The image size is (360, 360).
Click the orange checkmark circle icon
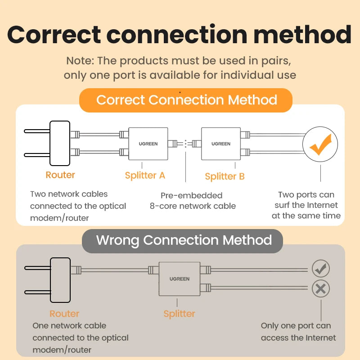(x=320, y=144)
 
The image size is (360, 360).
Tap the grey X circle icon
(x=320, y=288)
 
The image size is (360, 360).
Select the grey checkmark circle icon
(x=320, y=269)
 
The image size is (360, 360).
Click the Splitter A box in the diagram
(x=148, y=144)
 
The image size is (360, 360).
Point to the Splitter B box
(x=221, y=144)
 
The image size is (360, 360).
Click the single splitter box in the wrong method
(x=179, y=279)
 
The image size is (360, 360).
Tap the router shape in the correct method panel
(x=60, y=143)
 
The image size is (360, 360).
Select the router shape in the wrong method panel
(x=60, y=279)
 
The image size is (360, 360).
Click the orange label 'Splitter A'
(x=145, y=175)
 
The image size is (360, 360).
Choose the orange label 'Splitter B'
(x=225, y=176)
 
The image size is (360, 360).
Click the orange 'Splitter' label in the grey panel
(x=179, y=314)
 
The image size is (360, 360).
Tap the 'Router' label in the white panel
(x=60, y=175)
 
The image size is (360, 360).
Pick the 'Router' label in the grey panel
(x=64, y=314)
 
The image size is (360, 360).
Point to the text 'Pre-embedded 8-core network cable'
(x=192, y=201)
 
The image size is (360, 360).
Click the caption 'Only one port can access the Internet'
(x=298, y=332)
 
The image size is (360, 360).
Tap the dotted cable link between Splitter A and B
(x=185, y=144)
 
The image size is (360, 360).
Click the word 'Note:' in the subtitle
(x=80, y=60)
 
